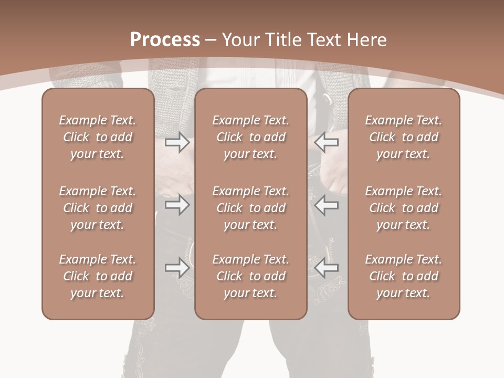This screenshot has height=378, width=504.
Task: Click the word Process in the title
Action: (165, 39)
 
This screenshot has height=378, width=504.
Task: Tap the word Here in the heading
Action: (367, 39)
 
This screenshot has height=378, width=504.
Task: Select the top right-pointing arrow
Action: (177, 142)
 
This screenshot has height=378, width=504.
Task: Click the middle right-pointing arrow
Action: (177, 205)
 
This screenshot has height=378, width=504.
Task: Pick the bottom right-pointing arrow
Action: (177, 268)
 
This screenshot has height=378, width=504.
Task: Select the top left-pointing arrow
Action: (327, 142)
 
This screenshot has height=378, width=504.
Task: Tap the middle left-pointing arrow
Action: (327, 205)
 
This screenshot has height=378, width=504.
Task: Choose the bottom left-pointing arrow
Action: (327, 268)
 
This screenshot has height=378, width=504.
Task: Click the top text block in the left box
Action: (98, 137)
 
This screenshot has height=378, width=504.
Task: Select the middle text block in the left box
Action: (98, 208)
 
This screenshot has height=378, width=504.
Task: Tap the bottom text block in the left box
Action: (98, 276)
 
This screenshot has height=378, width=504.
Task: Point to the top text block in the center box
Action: (250, 137)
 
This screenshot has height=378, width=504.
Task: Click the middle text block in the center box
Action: (250, 208)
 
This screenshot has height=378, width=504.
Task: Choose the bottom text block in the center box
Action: (250, 276)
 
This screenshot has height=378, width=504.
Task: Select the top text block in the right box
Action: (403, 137)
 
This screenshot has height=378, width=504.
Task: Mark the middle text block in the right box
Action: (403, 208)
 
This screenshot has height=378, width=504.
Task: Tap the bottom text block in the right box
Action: (403, 276)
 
